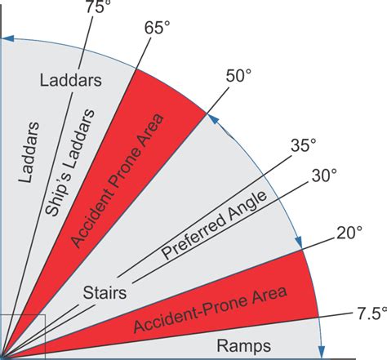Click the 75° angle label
(x=95, y=7)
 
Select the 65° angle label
(x=157, y=28)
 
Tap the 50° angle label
(x=238, y=76)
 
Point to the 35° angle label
(x=304, y=145)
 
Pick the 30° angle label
(x=324, y=176)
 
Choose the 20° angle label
(x=349, y=233)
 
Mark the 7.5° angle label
(x=371, y=313)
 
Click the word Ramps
(x=244, y=347)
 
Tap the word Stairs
(x=105, y=293)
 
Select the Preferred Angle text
(x=214, y=225)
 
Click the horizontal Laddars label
(x=71, y=81)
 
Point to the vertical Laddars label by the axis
(x=29, y=153)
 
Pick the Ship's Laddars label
(x=69, y=162)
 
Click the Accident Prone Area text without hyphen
(x=118, y=181)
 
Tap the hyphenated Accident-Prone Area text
(x=210, y=310)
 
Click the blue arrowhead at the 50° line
(x=214, y=120)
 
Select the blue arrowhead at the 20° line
(x=299, y=242)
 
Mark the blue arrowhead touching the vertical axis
(x=7, y=38)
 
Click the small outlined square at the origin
(x=22, y=336)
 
